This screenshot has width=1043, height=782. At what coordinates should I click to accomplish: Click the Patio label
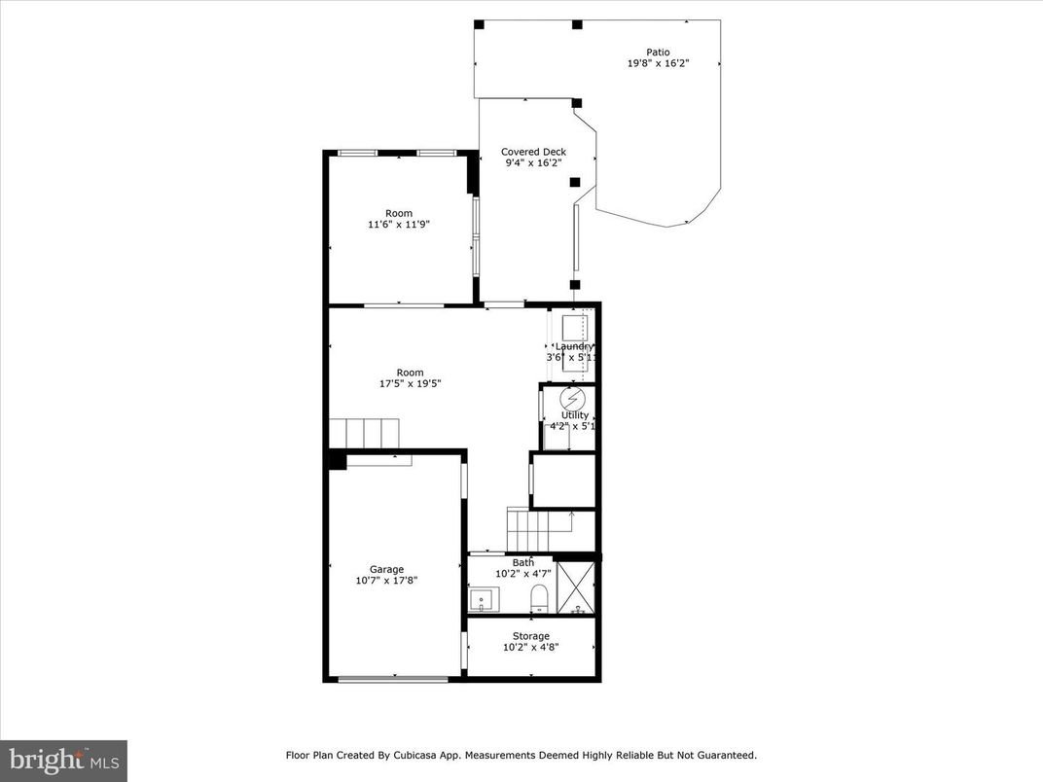click(x=658, y=53)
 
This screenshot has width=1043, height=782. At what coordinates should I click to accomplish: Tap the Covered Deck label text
click(x=533, y=152)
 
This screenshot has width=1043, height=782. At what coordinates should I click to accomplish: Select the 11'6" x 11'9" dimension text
click(x=398, y=225)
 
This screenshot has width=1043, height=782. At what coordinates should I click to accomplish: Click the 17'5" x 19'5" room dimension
click(x=410, y=384)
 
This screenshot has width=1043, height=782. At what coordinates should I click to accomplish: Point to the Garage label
click(x=386, y=570)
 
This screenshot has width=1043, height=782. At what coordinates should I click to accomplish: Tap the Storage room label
click(x=531, y=636)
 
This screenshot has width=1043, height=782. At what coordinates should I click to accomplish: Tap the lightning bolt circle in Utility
click(x=574, y=399)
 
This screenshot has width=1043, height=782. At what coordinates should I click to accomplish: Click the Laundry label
click(x=574, y=346)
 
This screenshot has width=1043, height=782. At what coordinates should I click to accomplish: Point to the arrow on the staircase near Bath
click(x=571, y=515)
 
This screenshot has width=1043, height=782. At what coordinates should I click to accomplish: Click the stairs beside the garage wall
click(x=365, y=431)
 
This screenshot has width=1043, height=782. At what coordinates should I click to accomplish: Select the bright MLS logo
click(x=63, y=760)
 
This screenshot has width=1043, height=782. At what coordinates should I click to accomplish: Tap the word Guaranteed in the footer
click(x=725, y=755)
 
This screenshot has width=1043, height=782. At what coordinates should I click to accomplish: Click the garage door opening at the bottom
click(x=393, y=679)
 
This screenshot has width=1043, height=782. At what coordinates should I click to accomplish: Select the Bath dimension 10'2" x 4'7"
click(x=523, y=574)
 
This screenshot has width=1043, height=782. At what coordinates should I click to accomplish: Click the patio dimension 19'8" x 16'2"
click(x=658, y=64)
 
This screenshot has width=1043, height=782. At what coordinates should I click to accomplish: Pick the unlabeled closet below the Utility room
click(x=563, y=480)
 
